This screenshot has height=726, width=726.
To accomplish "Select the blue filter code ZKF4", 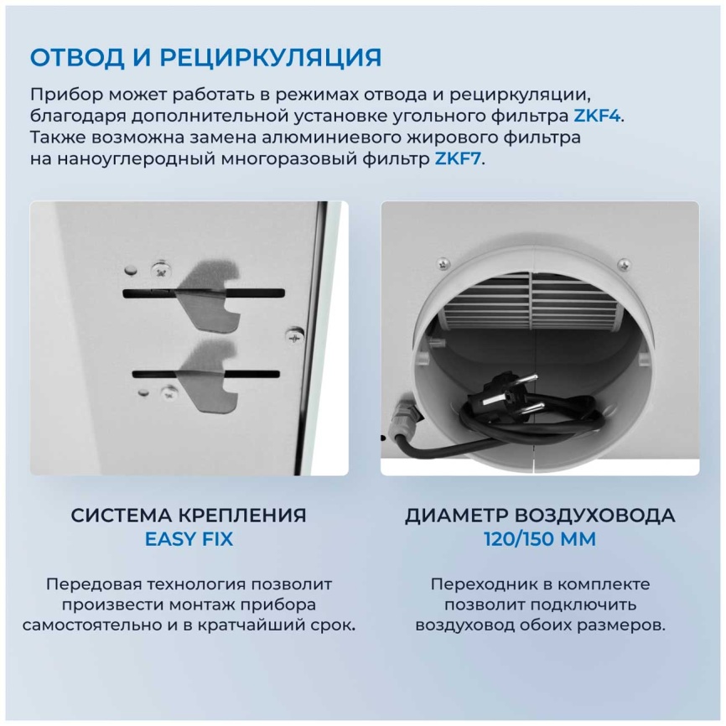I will pos(597,116).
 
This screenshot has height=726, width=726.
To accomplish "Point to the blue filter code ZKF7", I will pos(458,159).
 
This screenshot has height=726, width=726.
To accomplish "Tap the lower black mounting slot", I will pos(206,373).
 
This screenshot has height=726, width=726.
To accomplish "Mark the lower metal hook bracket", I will pos(210,376).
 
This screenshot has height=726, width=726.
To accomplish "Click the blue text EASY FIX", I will pos(189,539).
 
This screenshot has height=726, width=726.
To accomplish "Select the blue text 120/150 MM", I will pos(540,539).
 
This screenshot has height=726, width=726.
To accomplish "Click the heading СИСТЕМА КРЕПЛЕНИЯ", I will pos(189,515).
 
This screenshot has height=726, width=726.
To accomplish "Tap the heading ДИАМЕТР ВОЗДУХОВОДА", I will pos(540,515).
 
